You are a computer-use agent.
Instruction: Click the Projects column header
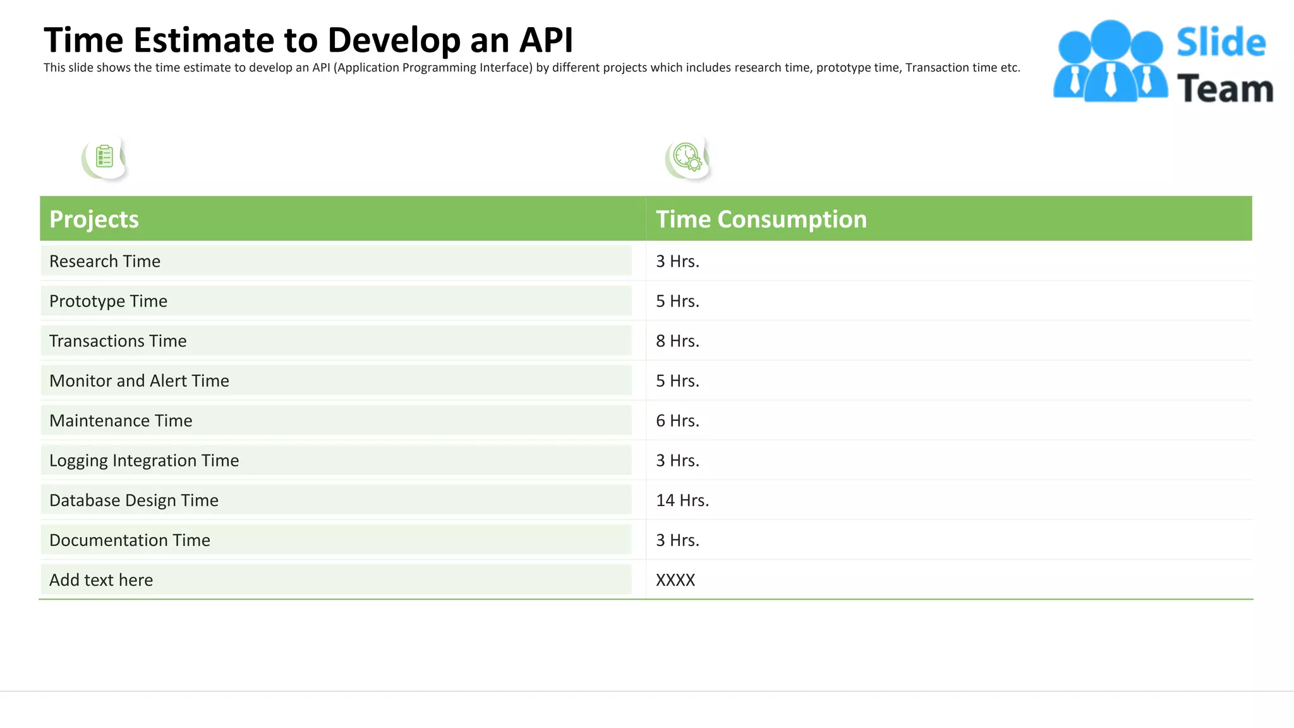(94, 219)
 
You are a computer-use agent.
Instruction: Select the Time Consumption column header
(761, 219)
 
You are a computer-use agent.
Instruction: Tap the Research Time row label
(105, 261)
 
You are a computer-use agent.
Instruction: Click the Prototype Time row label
(108, 301)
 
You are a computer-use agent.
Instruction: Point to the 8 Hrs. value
(677, 341)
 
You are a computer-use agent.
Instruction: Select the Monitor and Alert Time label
(139, 380)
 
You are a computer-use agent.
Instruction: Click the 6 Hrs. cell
(677, 420)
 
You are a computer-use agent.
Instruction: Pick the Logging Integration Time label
(144, 460)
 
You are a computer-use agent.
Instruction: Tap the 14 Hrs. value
(682, 500)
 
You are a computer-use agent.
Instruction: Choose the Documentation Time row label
(130, 540)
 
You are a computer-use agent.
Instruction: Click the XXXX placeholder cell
(675, 579)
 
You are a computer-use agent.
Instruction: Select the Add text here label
(101, 579)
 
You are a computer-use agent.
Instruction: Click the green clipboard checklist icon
(104, 157)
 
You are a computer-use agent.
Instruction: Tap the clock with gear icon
(687, 157)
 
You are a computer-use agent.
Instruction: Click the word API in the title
(546, 40)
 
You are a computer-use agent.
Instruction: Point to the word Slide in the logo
(1221, 42)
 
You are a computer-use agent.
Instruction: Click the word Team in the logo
(1224, 88)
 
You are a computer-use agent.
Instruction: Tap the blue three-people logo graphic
(1110, 61)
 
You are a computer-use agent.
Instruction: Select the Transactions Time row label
(118, 341)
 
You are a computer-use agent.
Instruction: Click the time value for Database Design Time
(682, 500)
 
